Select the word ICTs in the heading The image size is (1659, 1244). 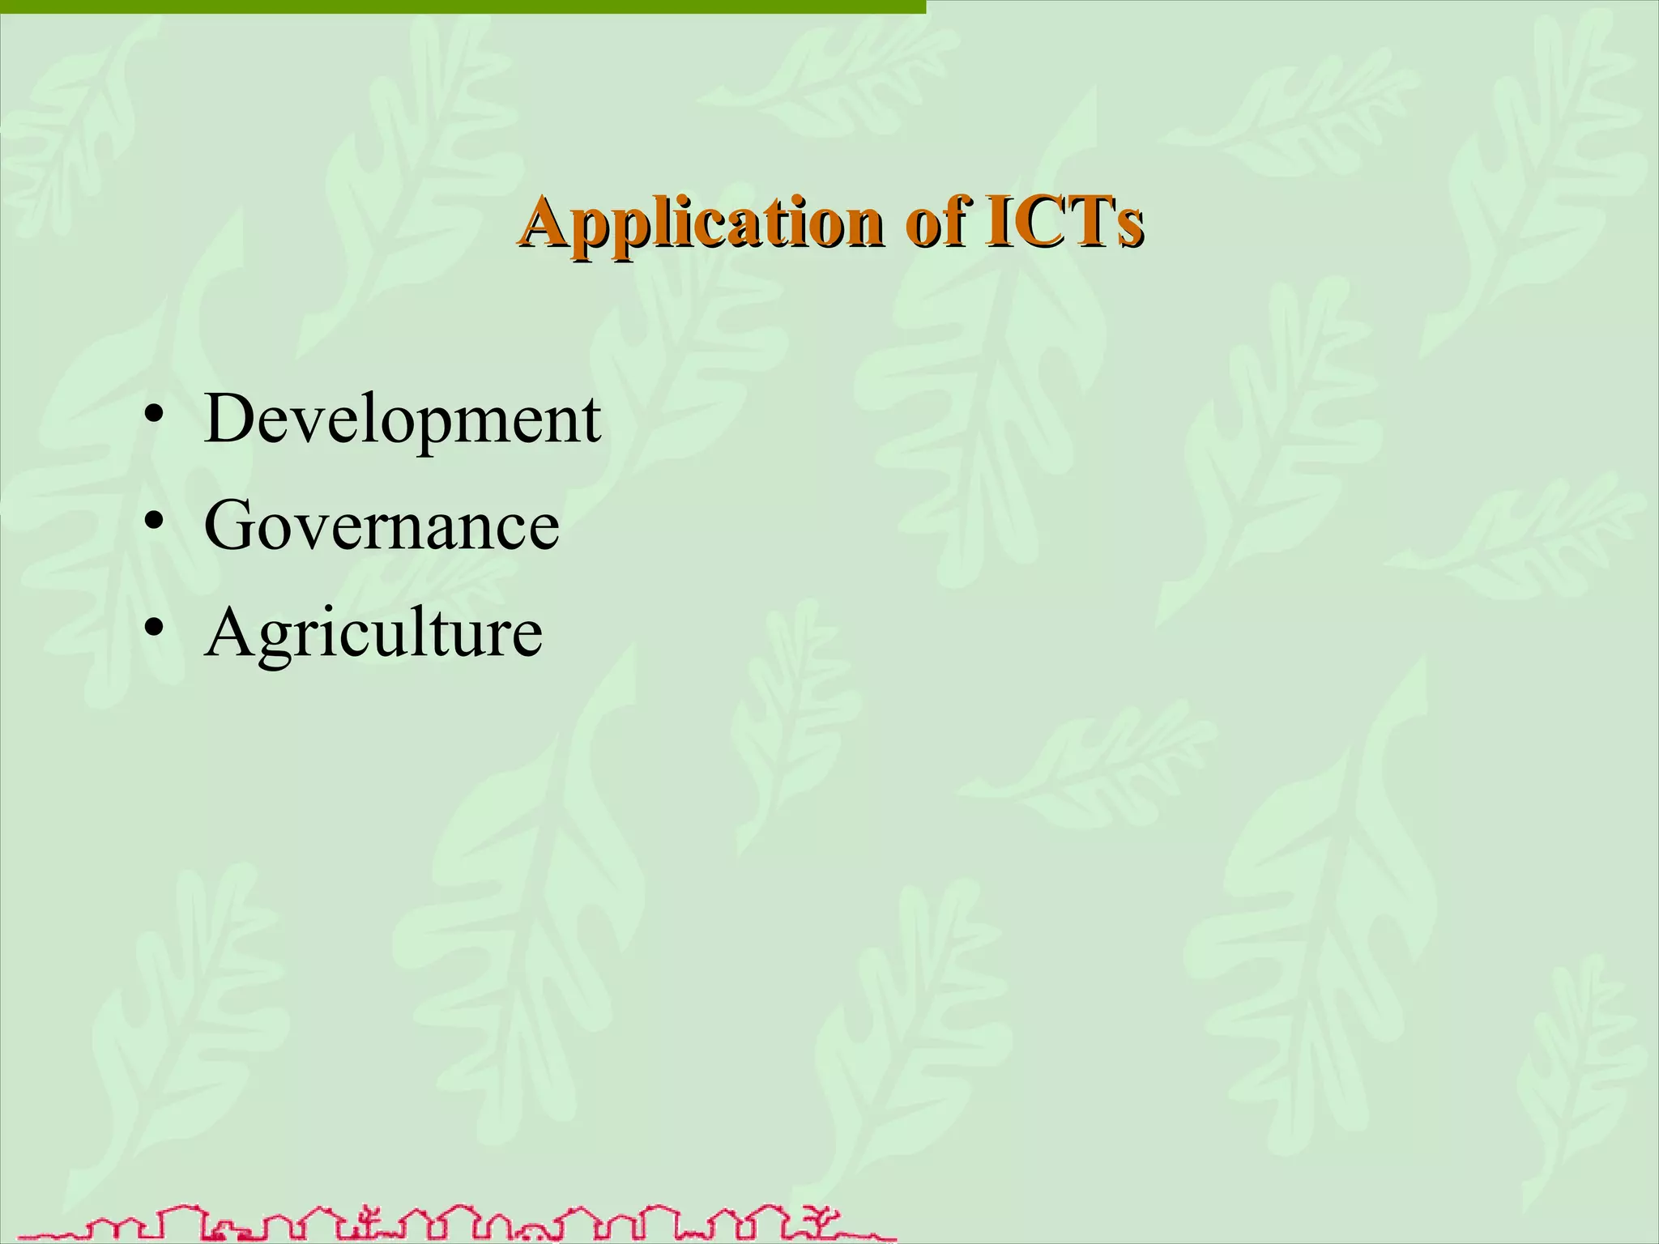pyautogui.click(x=1064, y=223)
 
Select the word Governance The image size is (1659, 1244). pyautogui.click(x=381, y=526)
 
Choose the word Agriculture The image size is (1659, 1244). pyautogui.click(x=373, y=634)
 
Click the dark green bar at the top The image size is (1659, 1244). pyautogui.click(x=462, y=6)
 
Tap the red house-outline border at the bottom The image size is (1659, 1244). pyautogui.click(x=454, y=1224)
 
